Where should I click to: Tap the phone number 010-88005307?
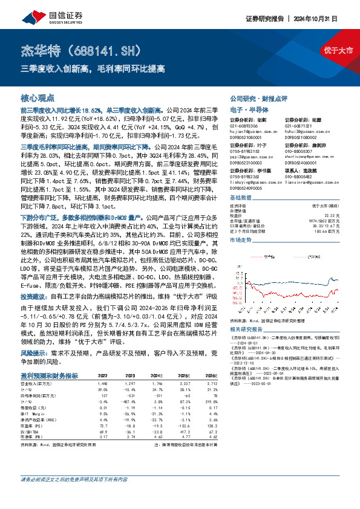pyautogui.click(x=299, y=151)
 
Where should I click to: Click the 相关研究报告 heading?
pyautogui.click(x=247, y=328)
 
